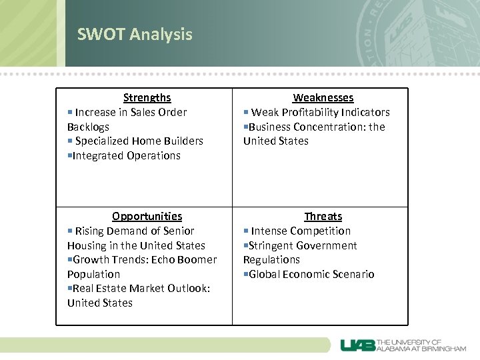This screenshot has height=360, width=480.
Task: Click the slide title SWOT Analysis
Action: point(135,34)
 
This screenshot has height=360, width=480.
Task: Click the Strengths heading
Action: point(147,98)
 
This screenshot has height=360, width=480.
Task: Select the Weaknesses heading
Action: point(323,98)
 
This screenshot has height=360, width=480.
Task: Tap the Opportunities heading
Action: point(147,216)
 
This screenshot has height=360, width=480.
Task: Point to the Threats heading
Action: point(323,216)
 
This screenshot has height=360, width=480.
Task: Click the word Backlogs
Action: point(88,127)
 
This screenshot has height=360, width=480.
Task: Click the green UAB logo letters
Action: point(357,345)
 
